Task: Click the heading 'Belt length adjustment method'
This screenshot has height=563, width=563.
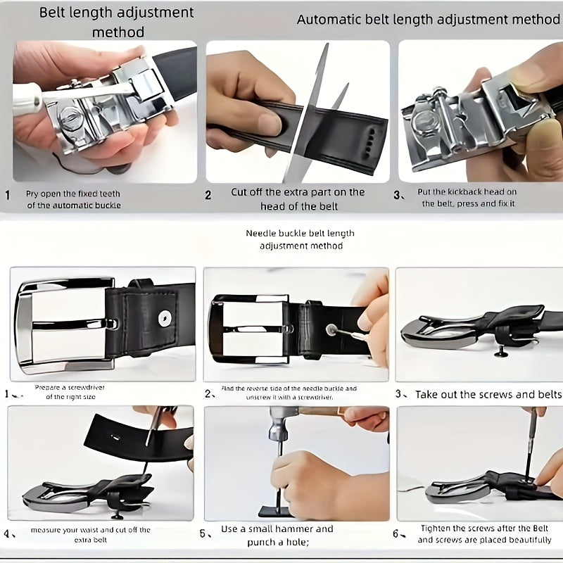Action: click(x=116, y=23)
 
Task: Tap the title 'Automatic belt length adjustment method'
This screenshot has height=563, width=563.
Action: click(x=428, y=20)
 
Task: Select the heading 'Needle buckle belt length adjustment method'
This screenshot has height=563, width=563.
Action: click(x=301, y=239)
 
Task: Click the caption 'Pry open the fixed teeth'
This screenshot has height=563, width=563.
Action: click(x=73, y=194)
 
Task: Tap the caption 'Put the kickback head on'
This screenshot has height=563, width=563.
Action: click(x=467, y=191)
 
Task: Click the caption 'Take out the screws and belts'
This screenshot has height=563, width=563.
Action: click(x=488, y=395)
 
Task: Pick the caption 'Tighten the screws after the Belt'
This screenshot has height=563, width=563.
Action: click(x=485, y=529)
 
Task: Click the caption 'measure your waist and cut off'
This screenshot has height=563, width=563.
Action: click(x=91, y=530)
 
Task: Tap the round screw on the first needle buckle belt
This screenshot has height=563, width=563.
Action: click(x=165, y=317)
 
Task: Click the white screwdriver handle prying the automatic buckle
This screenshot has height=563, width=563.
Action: click(x=27, y=98)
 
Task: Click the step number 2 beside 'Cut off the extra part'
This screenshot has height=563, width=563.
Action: click(x=208, y=195)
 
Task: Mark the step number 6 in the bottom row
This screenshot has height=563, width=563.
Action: click(x=396, y=534)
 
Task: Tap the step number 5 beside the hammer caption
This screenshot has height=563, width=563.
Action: click(x=203, y=534)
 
